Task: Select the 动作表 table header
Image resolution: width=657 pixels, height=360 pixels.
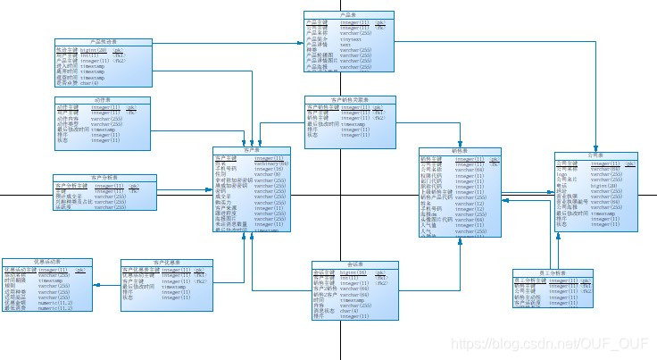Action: coord(104,99)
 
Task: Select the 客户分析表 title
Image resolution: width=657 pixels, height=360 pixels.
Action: coord(105,179)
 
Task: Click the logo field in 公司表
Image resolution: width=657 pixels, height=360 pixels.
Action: coord(562,174)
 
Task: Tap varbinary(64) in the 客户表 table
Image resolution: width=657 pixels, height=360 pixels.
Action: coord(271,163)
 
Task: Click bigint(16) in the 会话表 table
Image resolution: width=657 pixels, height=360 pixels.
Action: coord(348,271)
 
